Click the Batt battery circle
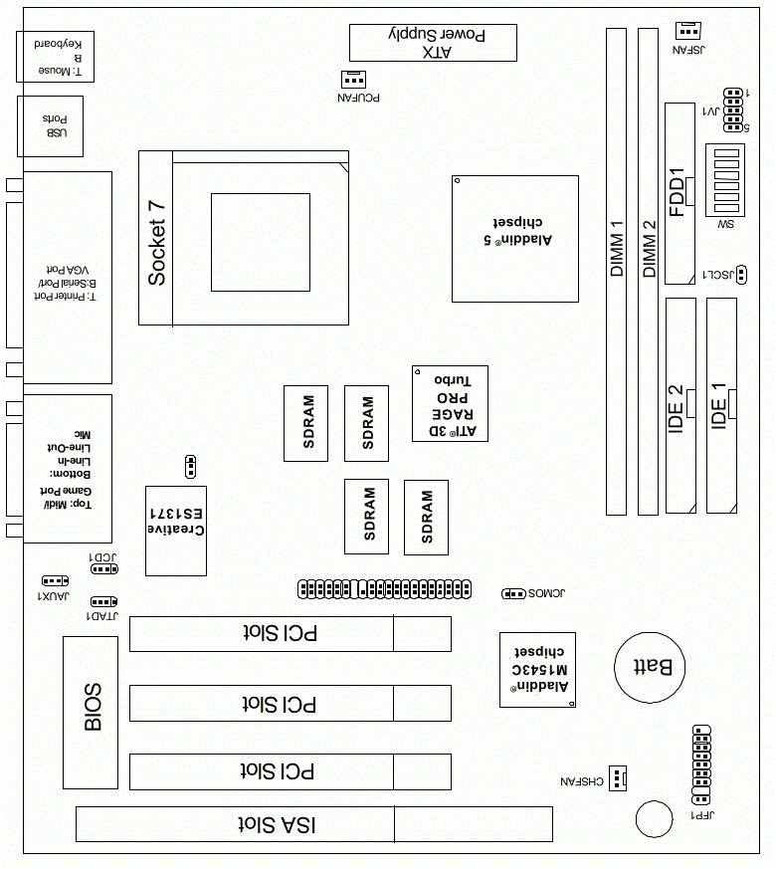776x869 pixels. tap(650, 667)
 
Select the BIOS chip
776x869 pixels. tap(91, 712)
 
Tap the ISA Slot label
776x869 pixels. tap(277, 824)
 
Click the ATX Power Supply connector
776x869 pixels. tap(433, 43)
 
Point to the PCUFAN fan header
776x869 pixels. tap(353, 80)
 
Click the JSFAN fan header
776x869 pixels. tap(688, 31)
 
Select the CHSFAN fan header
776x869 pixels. tap(618, 778)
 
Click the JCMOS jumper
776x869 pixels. tap(513, 593)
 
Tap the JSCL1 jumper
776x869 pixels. tap(741, 275)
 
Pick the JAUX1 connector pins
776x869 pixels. tap(56, 580)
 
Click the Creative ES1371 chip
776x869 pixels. tap(176, 531)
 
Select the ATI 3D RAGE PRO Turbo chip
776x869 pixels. tap(450, 403)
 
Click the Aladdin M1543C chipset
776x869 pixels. tap(537, 670)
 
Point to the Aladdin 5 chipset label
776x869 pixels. tap(518, 231)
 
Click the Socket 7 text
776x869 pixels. tap(157, 243)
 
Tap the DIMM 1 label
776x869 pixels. tap(617, 248)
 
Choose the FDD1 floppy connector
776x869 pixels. tap(679, 193)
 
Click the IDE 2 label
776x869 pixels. tap(676, 409)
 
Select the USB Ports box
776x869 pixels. tap(51, 126)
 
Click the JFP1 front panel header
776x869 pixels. tap(701, 764)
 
